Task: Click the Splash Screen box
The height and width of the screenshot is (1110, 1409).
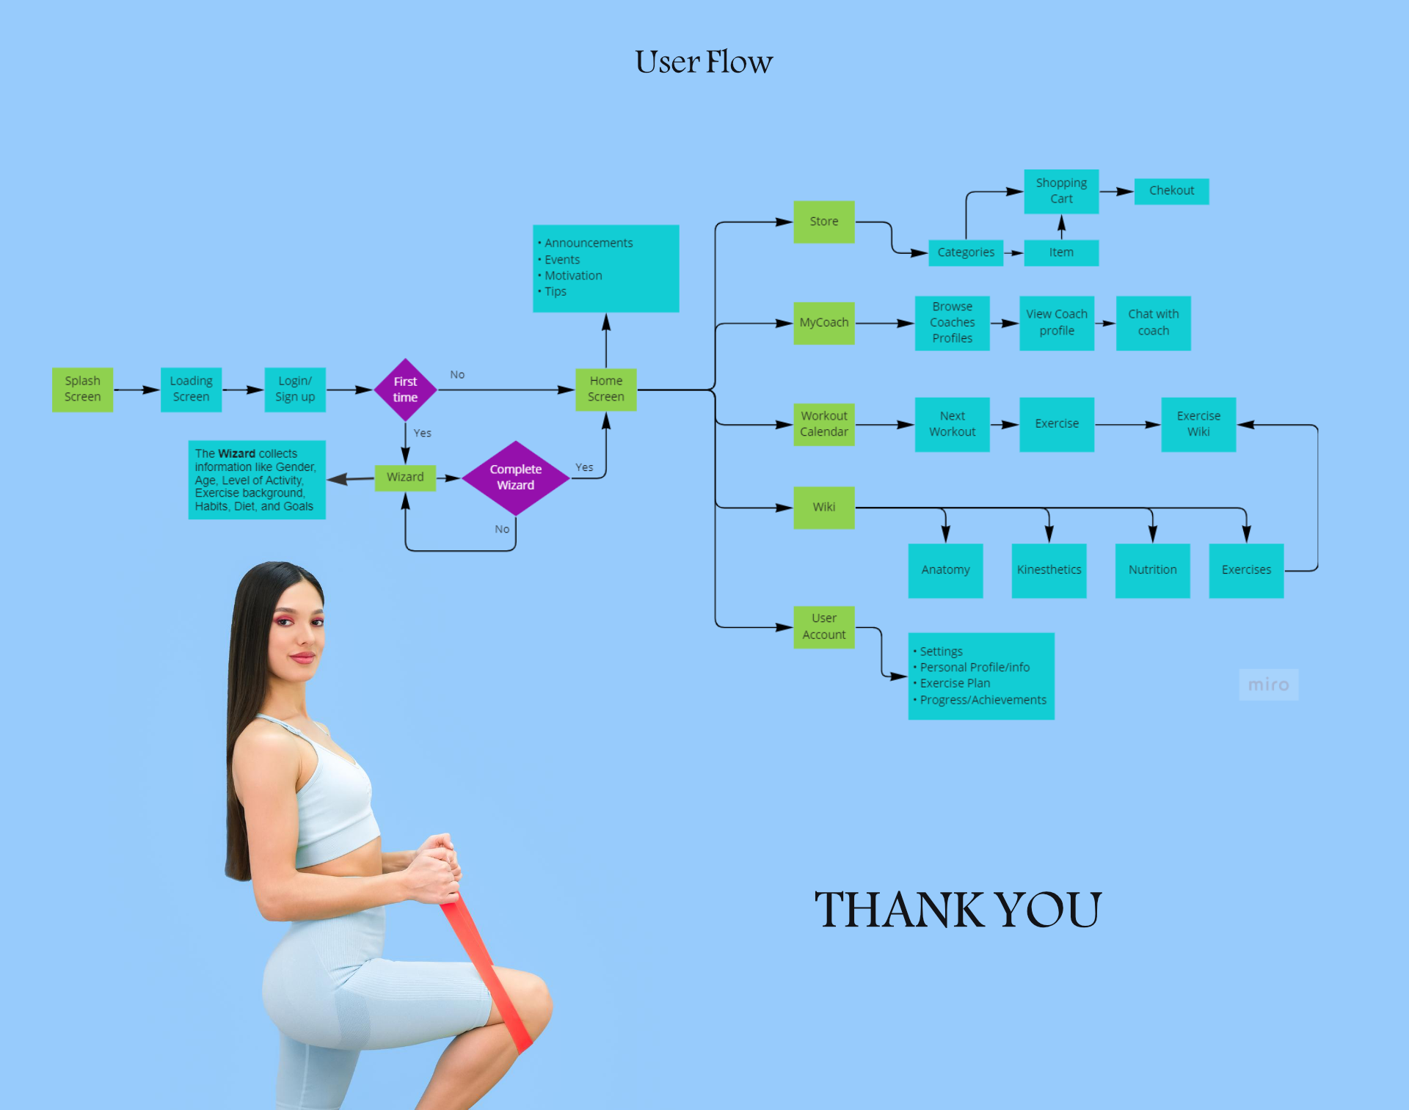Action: click(x=82, y=390)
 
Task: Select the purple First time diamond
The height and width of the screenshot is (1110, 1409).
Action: click(x=405, y=390)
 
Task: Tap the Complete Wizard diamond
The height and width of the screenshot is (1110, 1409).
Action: click(x=516, y=478)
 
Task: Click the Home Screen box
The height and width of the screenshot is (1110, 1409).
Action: click(x=605, y=390)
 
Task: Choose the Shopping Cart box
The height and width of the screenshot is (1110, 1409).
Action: click(x=1061, y=191)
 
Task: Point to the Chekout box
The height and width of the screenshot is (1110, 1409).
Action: click(x=1171, y=191)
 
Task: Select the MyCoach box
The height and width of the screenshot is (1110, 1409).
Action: click(x=824, y=323)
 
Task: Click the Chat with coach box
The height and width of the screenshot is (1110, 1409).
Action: click(x=1153, y=323)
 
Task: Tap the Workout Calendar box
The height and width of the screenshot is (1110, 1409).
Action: click(x=824, y=424)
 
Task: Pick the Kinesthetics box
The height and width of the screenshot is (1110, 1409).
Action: click(x=1049, y=570)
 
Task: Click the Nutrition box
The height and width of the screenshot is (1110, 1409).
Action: click(x=1152, y=570)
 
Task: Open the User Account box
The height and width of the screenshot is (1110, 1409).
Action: click(x=824, y=627)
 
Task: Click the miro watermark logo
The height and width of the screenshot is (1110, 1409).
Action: click(x=1268, y=684)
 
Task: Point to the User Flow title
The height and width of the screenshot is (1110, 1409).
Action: click(x=704, y=62)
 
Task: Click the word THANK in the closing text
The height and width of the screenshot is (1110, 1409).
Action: click(x=900, y=910)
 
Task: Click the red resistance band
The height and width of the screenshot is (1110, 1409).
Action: click(x=484, y=968)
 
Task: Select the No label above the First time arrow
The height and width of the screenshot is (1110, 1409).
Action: click(x=457, y=375)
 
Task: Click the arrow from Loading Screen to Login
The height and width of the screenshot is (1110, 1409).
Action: click(x=243, y=390)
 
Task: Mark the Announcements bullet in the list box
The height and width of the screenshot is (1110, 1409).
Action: click(x=588, y=243)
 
